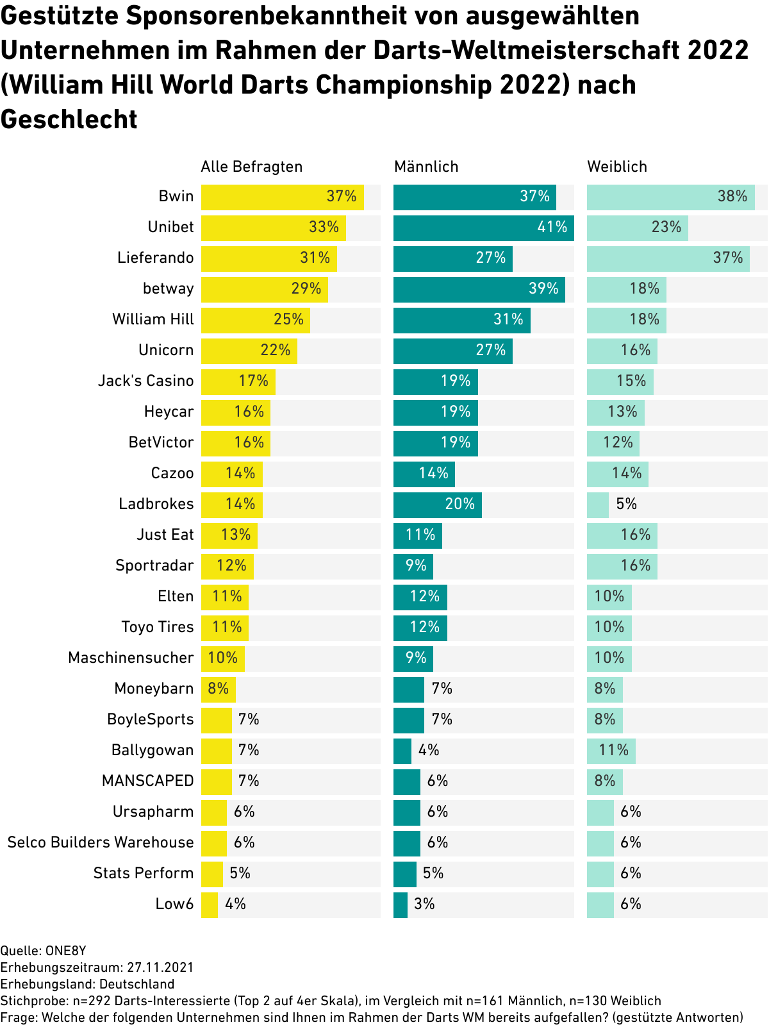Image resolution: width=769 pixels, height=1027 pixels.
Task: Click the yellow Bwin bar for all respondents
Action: click(282, 197)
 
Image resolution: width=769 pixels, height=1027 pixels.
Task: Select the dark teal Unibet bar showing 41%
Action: click(483, 228)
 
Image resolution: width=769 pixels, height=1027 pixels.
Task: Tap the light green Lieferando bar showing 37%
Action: click(668, 258)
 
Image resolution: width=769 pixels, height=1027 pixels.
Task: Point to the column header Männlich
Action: click(426, 167)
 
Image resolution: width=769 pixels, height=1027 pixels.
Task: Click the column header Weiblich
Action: click(617, 167)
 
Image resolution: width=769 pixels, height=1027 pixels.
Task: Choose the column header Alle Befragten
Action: click(251, 167)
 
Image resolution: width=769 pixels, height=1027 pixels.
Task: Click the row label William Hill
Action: click(153, 319)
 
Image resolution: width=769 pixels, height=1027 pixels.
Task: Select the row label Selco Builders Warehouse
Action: click(101, 842)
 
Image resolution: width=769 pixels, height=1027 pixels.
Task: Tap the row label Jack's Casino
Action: click(145, 381)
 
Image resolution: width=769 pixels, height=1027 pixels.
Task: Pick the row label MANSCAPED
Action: click(147, 781)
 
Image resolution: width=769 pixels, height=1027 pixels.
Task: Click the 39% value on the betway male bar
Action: click(543, 288)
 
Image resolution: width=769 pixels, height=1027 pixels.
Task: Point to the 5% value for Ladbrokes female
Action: click(627, 504)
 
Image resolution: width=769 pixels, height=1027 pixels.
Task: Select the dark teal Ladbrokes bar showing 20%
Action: click(437, 505)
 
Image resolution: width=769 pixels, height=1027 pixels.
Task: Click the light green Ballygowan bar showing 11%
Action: click(611, 751)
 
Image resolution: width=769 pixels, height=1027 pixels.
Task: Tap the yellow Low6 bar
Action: click(210, 905)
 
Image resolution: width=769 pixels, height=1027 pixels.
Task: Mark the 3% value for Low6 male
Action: click(424, 904)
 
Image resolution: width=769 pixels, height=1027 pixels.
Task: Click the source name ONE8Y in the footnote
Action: click(65, 951)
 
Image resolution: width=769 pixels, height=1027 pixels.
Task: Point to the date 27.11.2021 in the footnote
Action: click(160, 967)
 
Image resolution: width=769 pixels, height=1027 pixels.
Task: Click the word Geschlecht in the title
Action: click(69, 119)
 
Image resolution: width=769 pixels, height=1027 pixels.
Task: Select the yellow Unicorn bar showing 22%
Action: click(249, 351)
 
